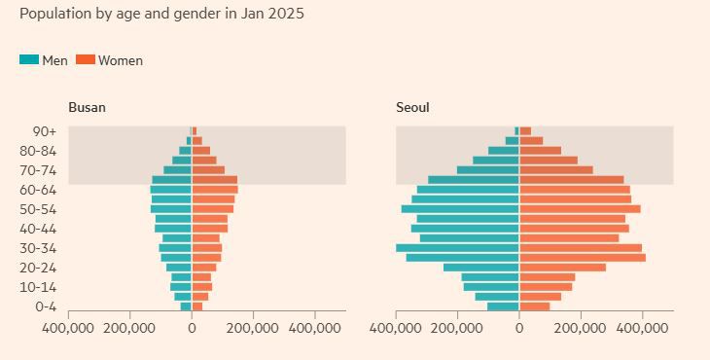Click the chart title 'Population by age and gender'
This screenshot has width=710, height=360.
tap(161, 15)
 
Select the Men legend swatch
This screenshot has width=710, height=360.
tap(29, 60)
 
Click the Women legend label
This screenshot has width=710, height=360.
tap(120, 60)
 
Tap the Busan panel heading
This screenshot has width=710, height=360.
tap(87, 108)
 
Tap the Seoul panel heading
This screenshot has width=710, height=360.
tap(412, 108)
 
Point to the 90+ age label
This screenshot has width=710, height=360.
tap(43, 131)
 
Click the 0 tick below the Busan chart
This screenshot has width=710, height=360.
tap(192, 329)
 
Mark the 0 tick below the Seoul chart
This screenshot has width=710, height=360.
tap(519, 329)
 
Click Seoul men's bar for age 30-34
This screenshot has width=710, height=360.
tap(457, 248)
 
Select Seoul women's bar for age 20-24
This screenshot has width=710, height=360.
tap(562, 268)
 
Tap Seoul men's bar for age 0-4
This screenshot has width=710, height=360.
tap(503, 306)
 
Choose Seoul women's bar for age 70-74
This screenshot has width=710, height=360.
tap(555, 170)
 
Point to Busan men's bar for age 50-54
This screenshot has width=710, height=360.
tap(171, 209)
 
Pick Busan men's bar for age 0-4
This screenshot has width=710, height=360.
tap(186, 306)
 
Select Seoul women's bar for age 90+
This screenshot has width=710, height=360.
tap(525, 131)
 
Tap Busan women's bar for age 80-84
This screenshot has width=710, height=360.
tap(201, 151)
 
